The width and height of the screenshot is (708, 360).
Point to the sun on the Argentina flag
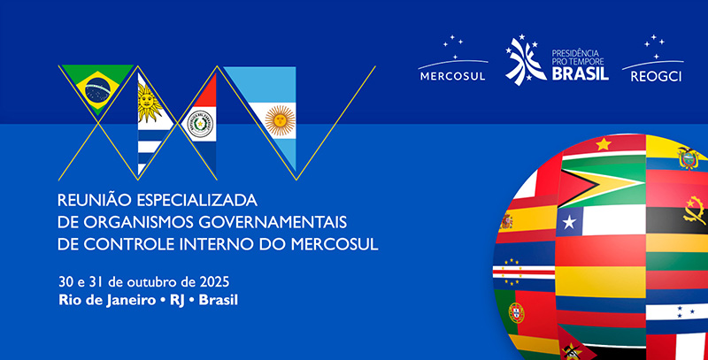click(x=280, y=118)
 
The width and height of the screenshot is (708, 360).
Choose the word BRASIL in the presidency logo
click(x=581, y=75)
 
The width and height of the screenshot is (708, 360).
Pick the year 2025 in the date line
click(x=212, y=281)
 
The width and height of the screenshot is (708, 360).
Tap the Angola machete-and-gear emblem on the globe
click(x=694, y=213)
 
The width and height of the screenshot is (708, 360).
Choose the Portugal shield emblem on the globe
click(x=515, y=311)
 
